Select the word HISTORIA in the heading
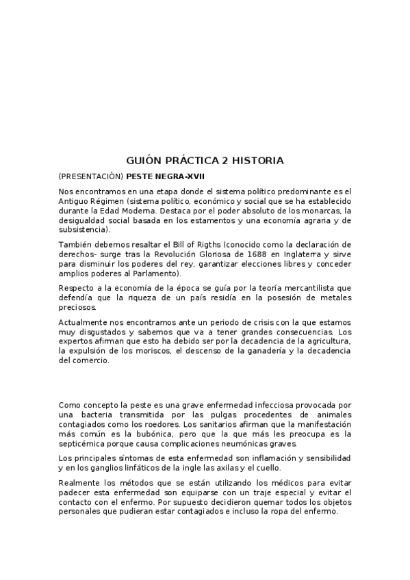pyautogui.click(x=258, y=161)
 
